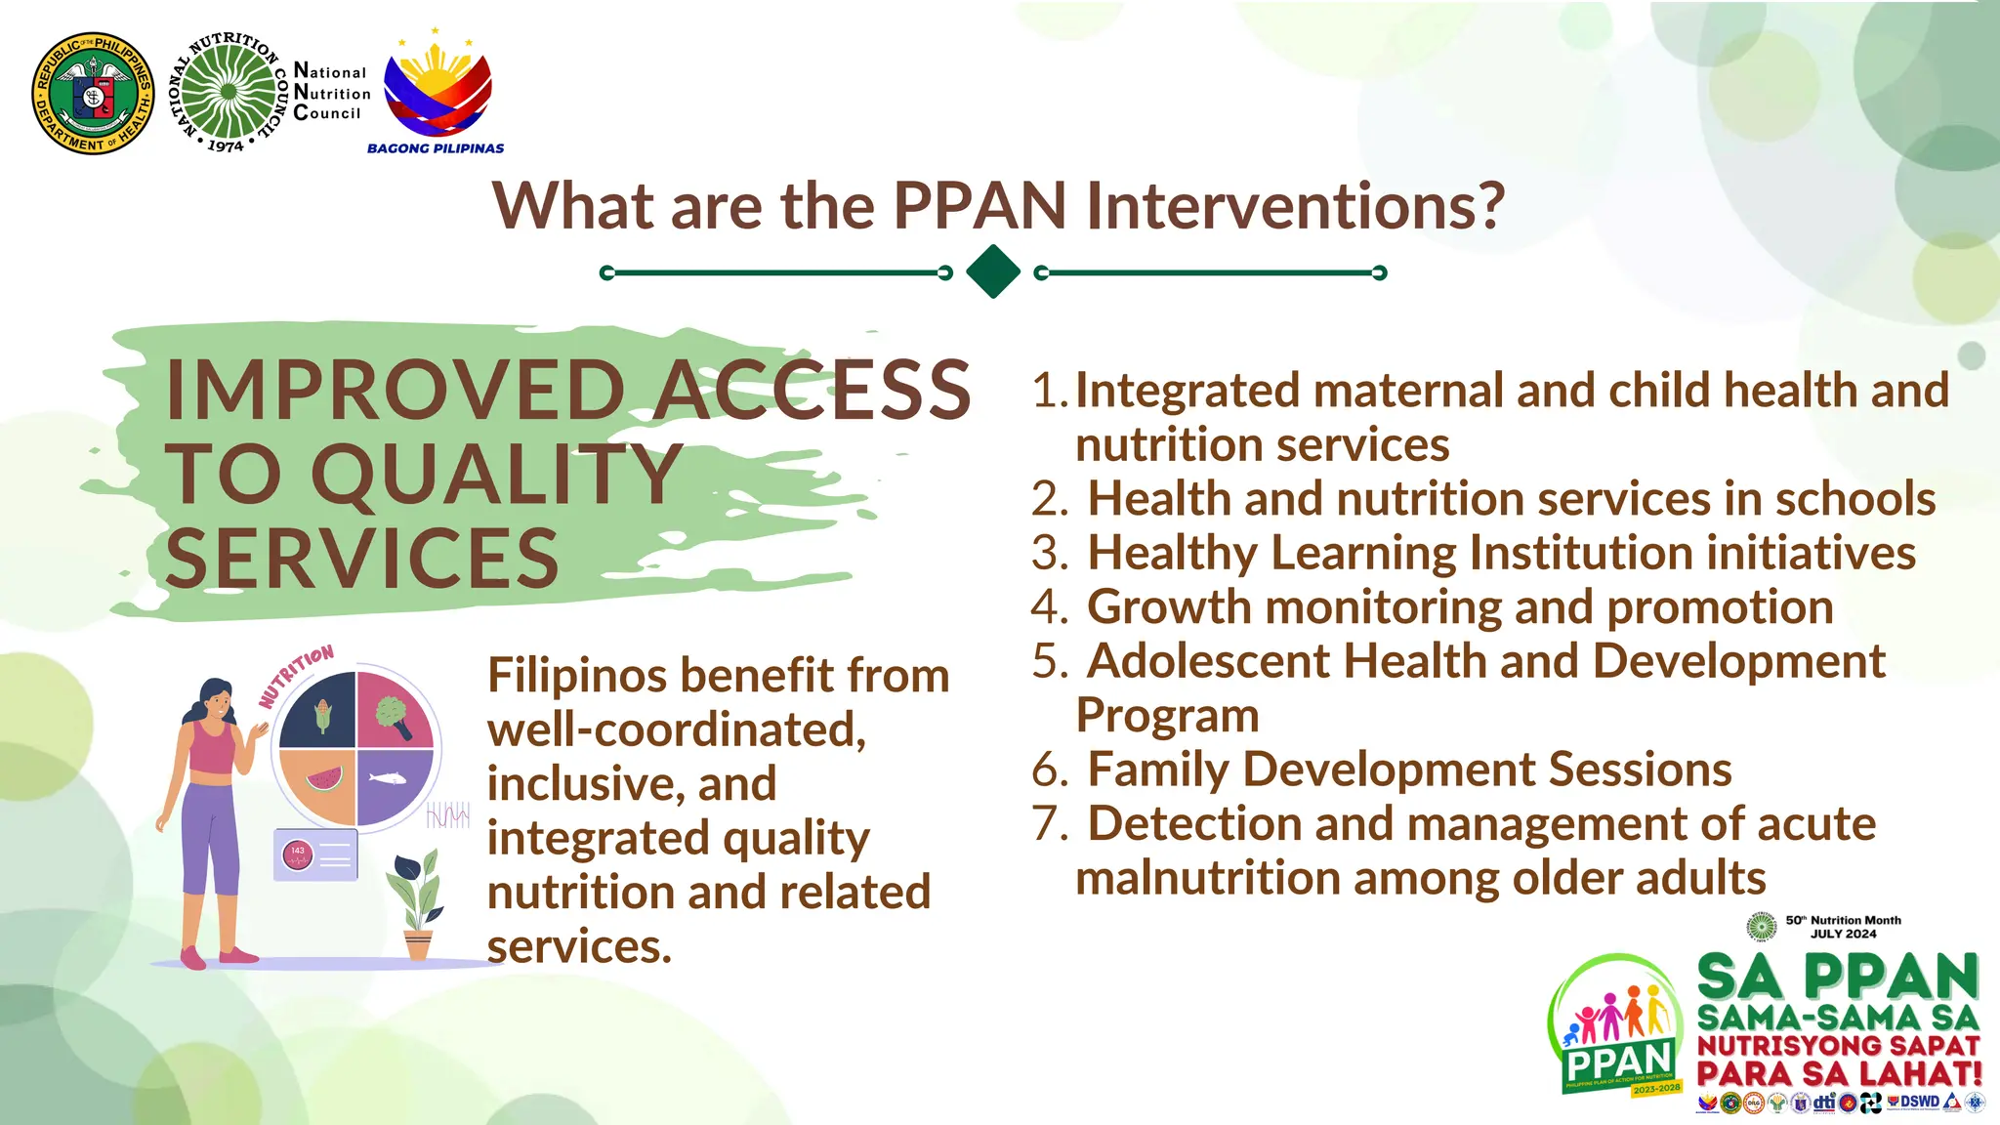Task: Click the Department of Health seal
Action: point(93,93)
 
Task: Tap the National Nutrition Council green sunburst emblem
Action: point(229,92)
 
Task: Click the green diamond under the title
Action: point(992,271)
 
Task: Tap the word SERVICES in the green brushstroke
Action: point(362,559)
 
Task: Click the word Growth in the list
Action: point(1169,607)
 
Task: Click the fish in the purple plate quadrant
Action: point(388,778)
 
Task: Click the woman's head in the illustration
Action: point(217,698)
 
